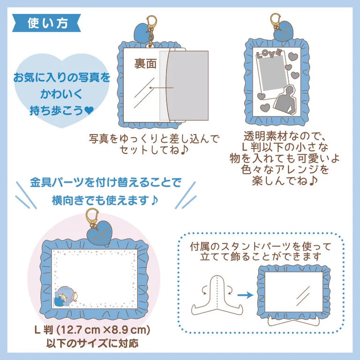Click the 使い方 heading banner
pos(47,22)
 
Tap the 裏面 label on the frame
pos(145,64)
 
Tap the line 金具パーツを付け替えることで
pos(105,183)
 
